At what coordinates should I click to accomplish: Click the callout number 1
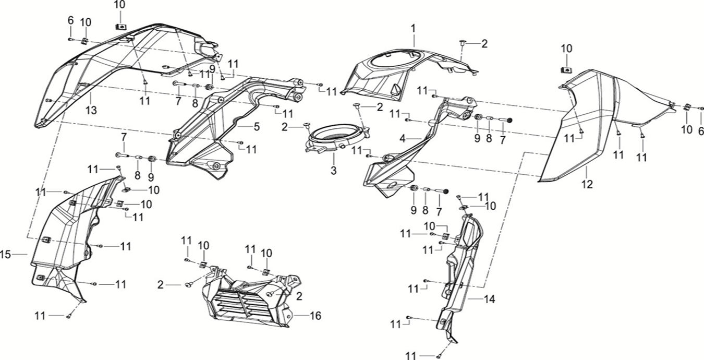(x=414, y=27)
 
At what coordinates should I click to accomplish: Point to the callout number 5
(x=257, y=127)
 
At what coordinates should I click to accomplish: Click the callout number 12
(x=587, y=184)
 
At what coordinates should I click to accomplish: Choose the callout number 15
(x=6, y=255)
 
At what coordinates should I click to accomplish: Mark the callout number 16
(x=315, y=316)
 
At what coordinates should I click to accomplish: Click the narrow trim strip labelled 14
(x=462, y=271)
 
